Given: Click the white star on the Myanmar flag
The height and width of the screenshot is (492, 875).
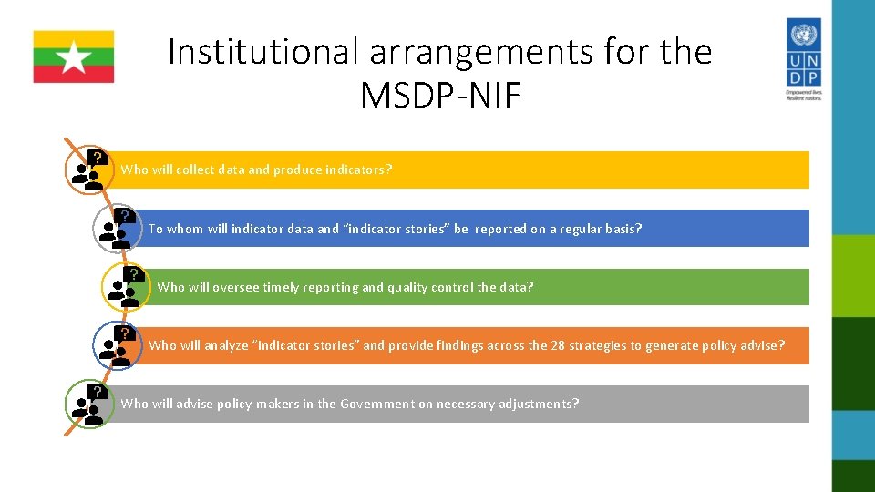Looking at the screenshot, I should (x=74, y=57).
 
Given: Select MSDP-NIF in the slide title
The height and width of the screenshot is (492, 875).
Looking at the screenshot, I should (x=440, y=95).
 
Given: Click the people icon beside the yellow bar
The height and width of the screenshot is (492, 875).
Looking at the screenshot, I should (x=88, y=169).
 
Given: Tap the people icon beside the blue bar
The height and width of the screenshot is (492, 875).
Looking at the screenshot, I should (x=117, y=229).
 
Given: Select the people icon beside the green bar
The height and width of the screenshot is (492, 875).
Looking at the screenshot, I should (x=125, y=286).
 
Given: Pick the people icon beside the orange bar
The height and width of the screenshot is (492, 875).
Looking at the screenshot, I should (x=117, y=345).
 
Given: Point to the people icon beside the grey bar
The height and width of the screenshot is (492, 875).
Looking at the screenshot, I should (x=88, y=404).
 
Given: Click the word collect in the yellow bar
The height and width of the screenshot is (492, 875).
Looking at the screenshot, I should (x=198, y=169).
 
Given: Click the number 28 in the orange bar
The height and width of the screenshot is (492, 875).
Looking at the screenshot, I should (x=558, y=345).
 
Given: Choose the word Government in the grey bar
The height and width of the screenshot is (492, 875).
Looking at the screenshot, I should (x=376, y=404).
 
